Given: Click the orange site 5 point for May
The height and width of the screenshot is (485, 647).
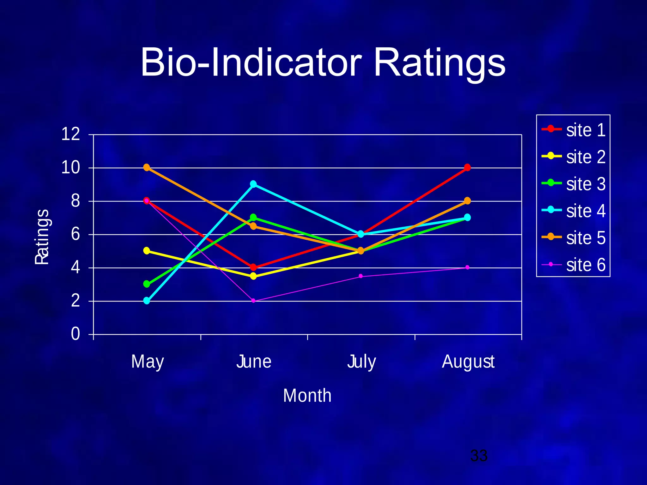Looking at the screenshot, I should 147,167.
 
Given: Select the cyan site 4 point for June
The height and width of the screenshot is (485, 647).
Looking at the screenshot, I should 253,184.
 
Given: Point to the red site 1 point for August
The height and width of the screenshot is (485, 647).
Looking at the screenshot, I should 467,167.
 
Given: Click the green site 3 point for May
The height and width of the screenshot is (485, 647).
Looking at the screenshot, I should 147,284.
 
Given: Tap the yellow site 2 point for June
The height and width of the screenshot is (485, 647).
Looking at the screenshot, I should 253,276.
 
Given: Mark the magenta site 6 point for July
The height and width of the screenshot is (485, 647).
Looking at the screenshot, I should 360,276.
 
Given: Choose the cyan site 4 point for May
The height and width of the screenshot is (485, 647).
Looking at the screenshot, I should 147,301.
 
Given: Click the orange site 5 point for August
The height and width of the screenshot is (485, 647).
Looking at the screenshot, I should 467,201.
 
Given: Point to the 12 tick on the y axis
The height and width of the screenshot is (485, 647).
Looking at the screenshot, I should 70,134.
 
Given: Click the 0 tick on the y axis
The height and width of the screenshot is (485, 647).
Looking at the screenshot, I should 76,334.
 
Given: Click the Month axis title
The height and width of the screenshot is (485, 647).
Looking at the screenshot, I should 307,395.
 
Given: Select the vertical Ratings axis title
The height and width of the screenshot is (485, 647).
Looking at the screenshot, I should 42,237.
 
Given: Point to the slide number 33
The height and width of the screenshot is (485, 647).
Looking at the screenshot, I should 479,455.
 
